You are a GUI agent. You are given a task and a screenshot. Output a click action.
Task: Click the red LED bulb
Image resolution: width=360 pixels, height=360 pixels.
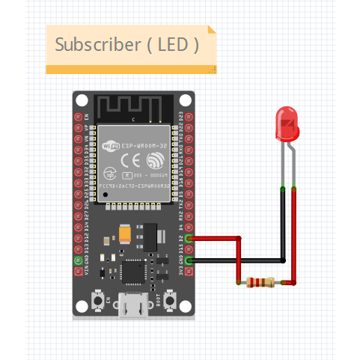click(287, 123)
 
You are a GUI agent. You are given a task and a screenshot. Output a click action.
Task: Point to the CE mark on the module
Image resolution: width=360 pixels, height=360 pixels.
click(129, 160)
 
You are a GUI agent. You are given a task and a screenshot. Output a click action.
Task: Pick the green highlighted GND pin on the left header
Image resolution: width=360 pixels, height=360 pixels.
click(79, 260)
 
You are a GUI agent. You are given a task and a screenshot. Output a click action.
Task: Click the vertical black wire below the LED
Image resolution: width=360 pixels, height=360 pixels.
click(282, 225)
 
